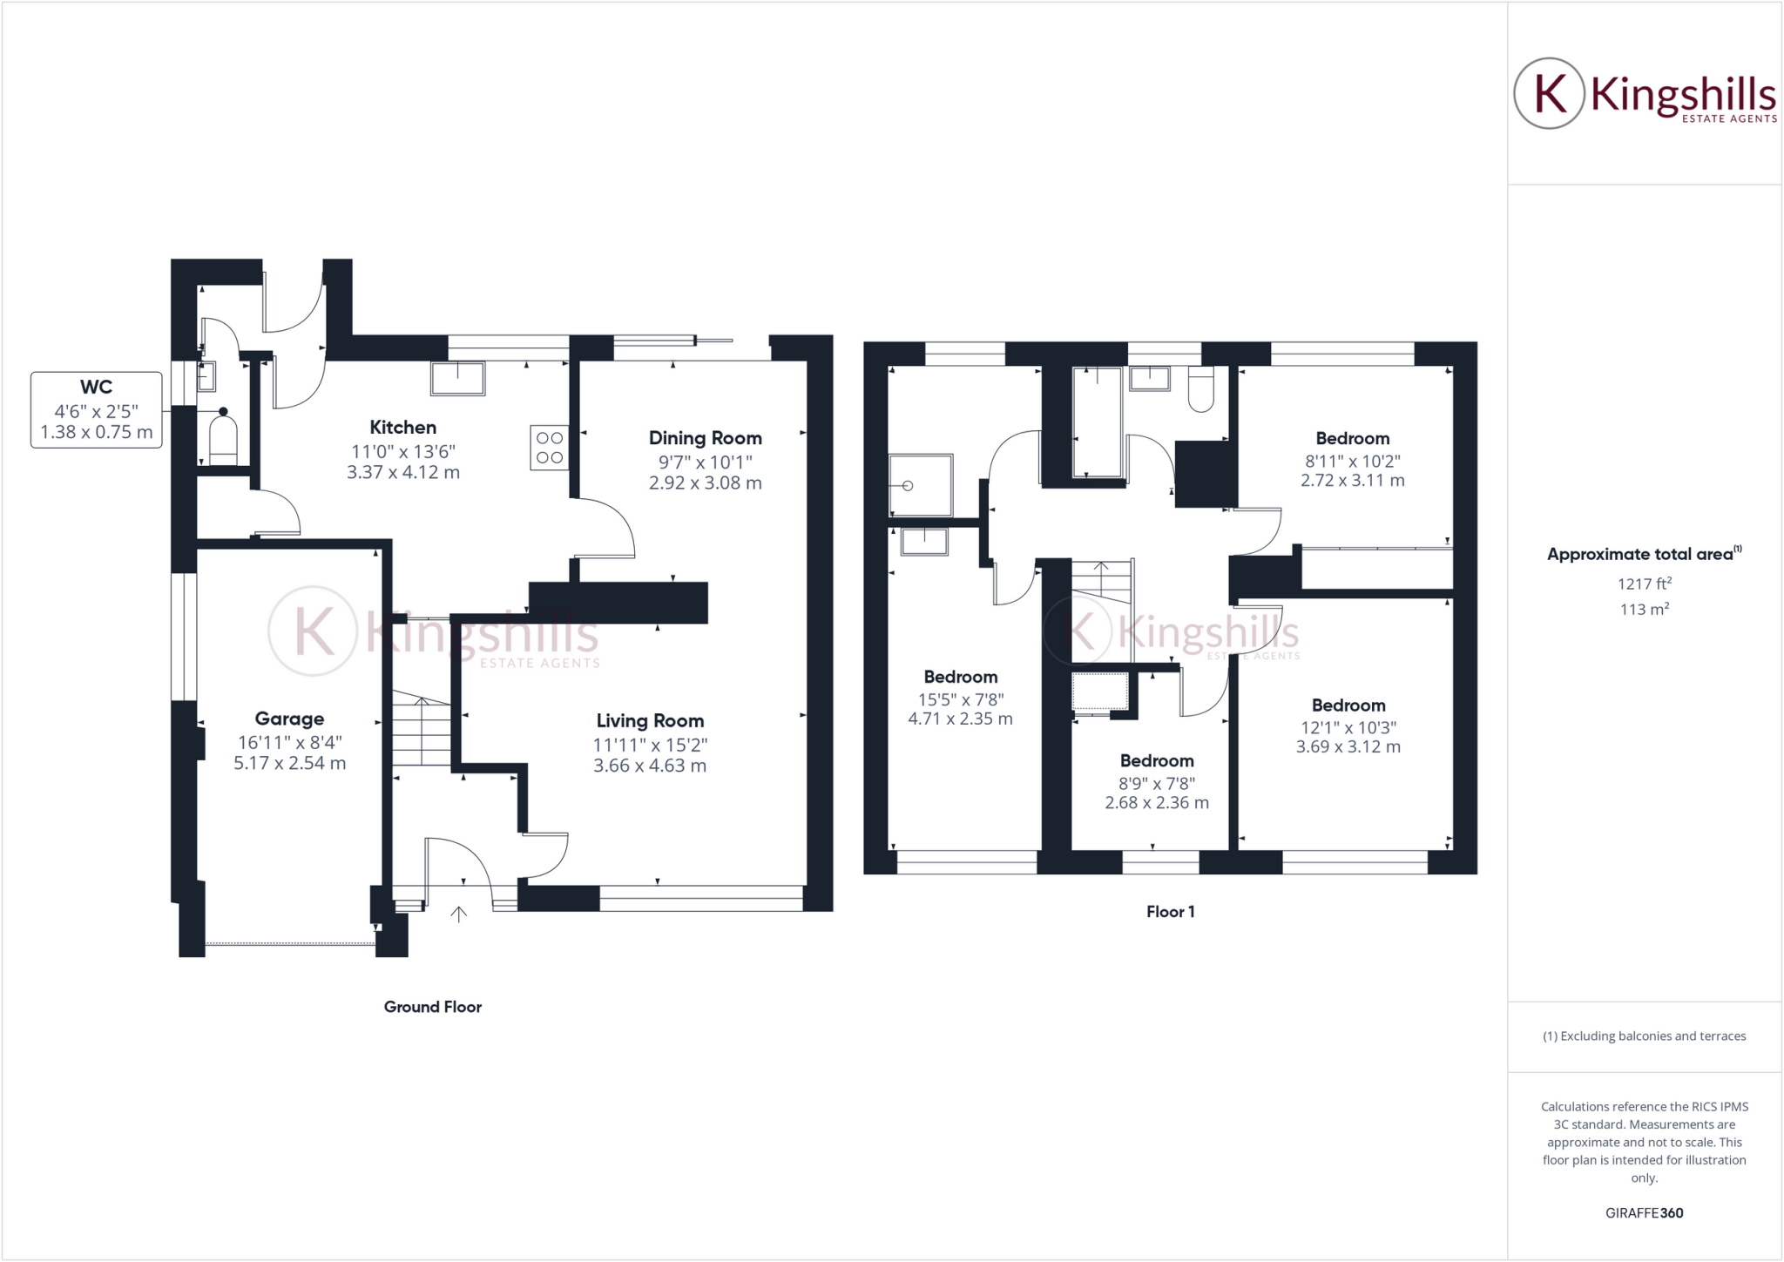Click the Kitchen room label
(402, 428)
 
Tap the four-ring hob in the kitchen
(550, 448)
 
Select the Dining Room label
(705, 438)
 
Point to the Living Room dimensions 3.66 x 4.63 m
(650, 766)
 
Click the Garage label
(289, 719)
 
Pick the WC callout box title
(96, 387)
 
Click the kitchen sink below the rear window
(458, 378)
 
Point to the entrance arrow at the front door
(458, 914)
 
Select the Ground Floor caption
(433, 1007)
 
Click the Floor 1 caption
(1170, 912)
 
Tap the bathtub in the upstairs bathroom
(1098, 422)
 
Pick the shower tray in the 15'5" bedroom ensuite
(920, 484)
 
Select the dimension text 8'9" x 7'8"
(1157, 784)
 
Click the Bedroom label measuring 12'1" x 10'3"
(1348, 705)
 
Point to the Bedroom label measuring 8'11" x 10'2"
(1352, 438)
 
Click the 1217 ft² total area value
(1644, 584)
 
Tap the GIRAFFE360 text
(1644, 1212)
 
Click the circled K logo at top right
(1549, 93)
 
